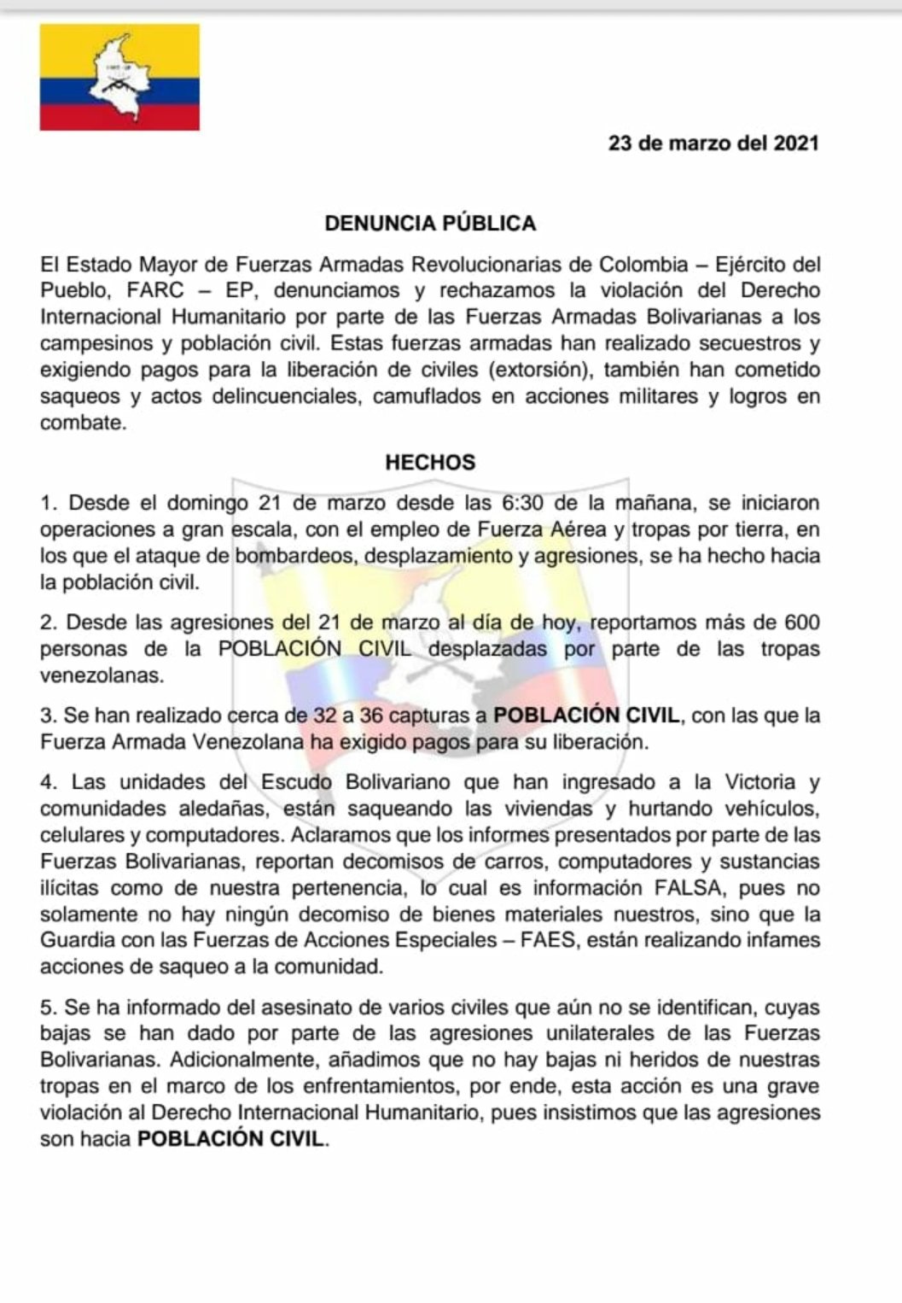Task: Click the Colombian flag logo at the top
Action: (x=119, y=77)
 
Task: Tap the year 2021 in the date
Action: (x=795, y=143)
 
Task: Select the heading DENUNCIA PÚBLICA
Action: (x=430, y=224)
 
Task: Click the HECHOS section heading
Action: (x=430, y=463)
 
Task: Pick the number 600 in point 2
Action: (x=801, y=622)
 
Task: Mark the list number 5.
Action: (x=47, y=1008)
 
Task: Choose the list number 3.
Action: (x=47, y=716)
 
